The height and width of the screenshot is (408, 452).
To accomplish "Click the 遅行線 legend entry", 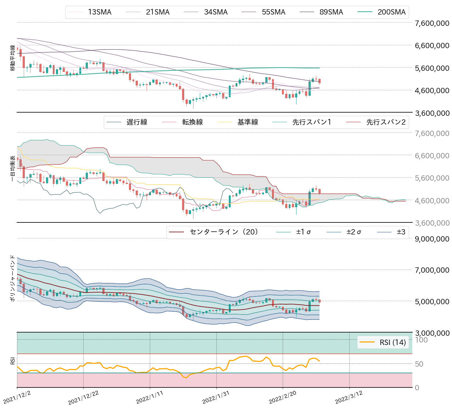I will click(x=137, y=122).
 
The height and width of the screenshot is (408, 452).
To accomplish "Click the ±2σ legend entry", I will click(x=354, y=232).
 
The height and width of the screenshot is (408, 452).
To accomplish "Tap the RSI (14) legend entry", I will click(x=392, y=342).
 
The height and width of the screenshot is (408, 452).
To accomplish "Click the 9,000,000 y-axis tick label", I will click(x=432, y=239).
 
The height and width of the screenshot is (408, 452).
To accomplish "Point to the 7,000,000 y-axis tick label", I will click(x=432, y=270).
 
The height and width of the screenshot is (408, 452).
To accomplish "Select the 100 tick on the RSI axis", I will click(x=421, y=340).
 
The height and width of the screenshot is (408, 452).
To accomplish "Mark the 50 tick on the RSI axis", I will click(x=419, y=364).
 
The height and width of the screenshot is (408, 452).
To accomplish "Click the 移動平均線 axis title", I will click(x=13, y=58).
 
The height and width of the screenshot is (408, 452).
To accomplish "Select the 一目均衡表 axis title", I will click(x=13, y=169).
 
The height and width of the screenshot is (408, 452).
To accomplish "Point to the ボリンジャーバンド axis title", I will click(x=13, y=278).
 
